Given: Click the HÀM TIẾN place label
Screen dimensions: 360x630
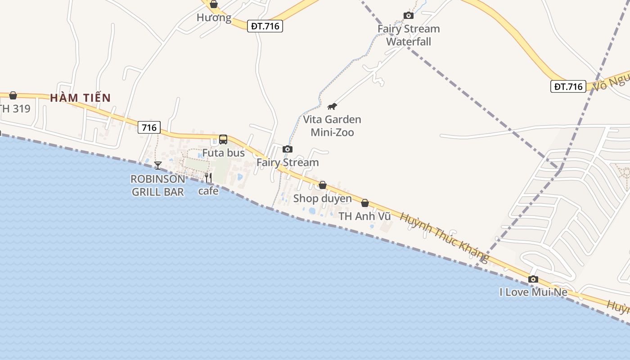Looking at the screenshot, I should [x=80, y=98].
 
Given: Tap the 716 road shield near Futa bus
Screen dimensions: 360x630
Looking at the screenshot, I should [x=149, y=128].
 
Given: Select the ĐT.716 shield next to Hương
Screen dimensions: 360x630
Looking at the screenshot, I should [x=265, y=26].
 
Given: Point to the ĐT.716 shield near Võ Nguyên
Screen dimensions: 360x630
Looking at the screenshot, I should [x=568, y=86].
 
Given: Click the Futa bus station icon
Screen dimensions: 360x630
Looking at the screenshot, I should [x=223, y=139].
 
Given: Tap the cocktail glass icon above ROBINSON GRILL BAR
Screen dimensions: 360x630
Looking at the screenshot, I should [x=158, y=166].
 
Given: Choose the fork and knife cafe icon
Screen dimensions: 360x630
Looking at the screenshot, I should [x=208, y=178].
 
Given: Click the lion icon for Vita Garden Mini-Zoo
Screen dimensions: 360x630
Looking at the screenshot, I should [x=332, y=107].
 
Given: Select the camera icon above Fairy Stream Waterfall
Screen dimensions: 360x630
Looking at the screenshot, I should [x=409, y=16].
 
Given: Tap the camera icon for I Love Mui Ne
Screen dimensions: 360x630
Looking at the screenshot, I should [x=533, y=279].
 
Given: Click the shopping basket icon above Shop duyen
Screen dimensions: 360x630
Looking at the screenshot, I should [x=323, y=185].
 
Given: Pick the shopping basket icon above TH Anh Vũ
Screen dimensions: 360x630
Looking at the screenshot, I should [x=365, y=203].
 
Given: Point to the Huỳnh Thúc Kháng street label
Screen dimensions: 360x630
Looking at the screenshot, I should [x=444, y=237].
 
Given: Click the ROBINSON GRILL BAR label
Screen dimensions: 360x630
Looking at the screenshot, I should [x=157, y=185].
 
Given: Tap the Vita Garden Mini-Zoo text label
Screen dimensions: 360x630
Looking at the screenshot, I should [x=332, y=126].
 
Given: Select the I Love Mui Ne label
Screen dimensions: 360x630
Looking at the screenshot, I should [x=533, y=292].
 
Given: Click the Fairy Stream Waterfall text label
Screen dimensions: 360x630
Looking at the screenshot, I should [x=409, y=35].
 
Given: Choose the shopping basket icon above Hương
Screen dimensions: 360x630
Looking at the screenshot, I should [x=214, y=4].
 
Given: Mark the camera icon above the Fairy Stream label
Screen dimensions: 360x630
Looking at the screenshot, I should [x=288, y=149].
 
